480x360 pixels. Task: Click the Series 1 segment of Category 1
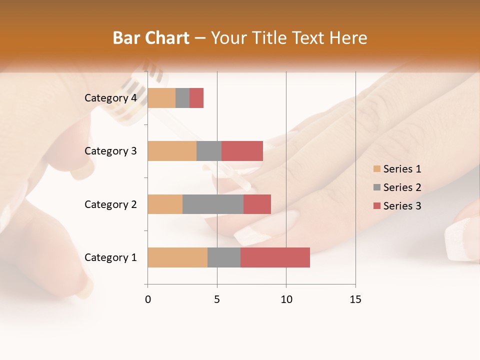click(x=177, y=257)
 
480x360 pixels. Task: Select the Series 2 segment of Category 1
click(x=224, y=257)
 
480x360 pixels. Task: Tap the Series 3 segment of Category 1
click(x=275, y=257)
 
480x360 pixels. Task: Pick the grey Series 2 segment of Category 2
click(x=213, y=204)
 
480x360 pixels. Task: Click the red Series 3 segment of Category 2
click(x=257, y=204)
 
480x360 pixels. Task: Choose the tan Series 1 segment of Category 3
click(x=172, y=151)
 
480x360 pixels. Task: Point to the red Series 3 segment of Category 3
click(x=242, y=151)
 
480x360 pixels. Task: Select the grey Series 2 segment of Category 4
click(x=182, y=98)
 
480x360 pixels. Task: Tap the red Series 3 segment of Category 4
click(x=196, y=98)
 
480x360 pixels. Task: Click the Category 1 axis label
click(x=110, y=257)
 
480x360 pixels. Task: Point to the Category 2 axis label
click(x=110, y=204)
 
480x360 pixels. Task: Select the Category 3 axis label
click(x=110, y=151)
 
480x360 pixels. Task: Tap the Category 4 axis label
click(x=110, y=98)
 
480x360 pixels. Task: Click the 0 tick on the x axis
click(x=148, y=299)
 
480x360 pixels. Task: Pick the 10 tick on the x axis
click(x=286, y=299)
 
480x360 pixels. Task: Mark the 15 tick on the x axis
click(x=355, y=299)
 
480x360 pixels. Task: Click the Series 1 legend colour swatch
click(x=376, y=169)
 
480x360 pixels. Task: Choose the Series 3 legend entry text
click(x=402, y=206)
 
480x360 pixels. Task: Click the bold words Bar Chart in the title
click(x=151, y=38)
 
